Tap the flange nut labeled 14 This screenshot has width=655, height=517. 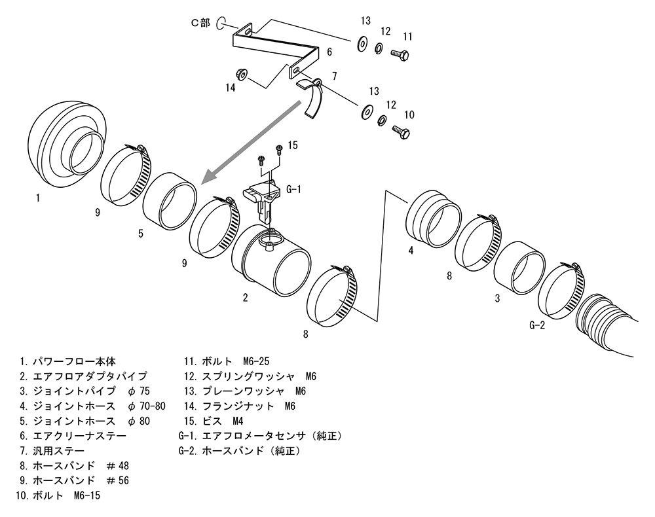(x=241, y=75)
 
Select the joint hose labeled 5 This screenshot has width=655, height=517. (x=169, y=199)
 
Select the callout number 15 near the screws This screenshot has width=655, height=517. (x=292, y=145)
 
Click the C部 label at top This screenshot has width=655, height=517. (x=200, y=22)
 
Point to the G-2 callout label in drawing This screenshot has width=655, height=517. (x=536, y=325)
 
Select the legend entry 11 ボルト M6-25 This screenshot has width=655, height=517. (x=227, y=361)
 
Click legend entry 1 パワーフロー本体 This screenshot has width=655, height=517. (x=69, y=361)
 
